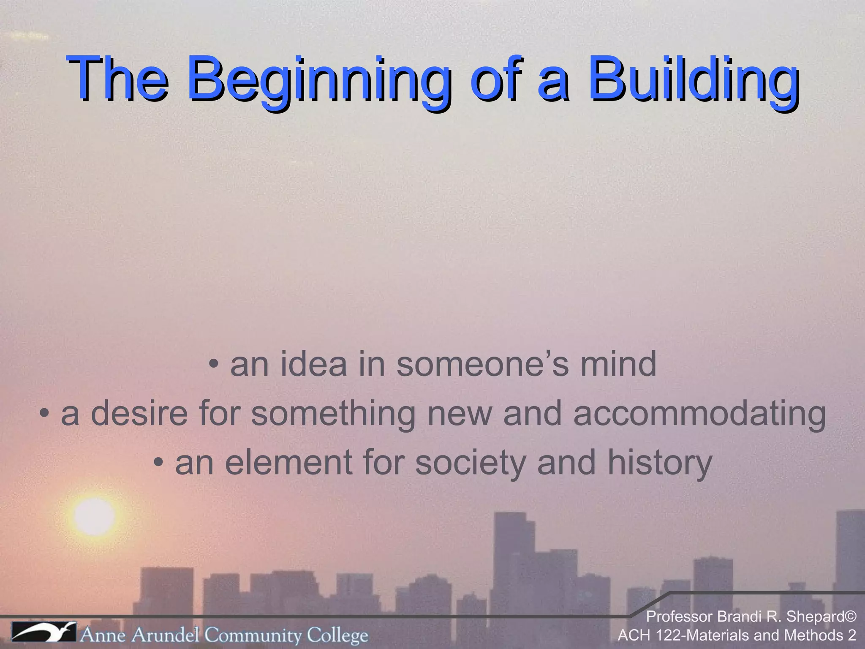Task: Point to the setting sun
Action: click(x=94, y=516)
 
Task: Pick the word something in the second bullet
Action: click(x=333, y=414)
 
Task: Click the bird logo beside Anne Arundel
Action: click(x=43, y=632)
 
